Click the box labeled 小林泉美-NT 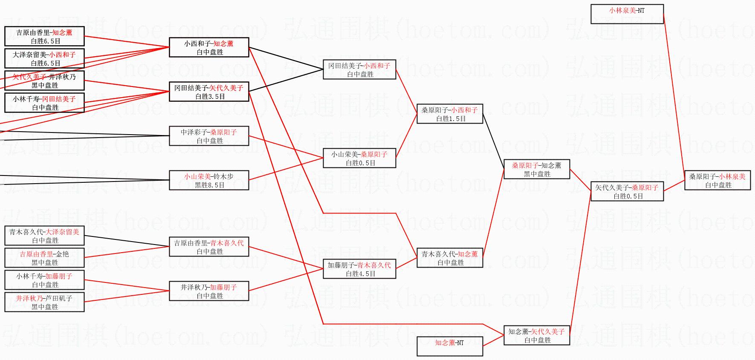[627, 14]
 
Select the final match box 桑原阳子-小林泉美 [717, 181]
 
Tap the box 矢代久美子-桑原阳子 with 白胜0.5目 [627, 191]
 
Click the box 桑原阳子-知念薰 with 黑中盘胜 [537, 169]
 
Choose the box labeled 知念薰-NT [449, 346]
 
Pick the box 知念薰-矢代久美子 [537, 335]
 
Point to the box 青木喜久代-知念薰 [449, 258]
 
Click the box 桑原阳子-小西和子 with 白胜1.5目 [449, 114]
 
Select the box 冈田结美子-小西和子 [359, 69]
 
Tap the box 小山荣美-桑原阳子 [359, 158]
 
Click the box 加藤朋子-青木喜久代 [359, 269]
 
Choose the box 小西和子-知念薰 [209, 47]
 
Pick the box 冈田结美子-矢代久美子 [209, 92]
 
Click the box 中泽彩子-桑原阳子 [209, 136]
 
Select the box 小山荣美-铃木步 [209, 180]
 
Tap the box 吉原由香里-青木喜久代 [209, 247]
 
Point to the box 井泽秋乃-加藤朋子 [209, 291]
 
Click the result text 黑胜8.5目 [209, 185]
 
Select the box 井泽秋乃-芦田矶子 [44, 302]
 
